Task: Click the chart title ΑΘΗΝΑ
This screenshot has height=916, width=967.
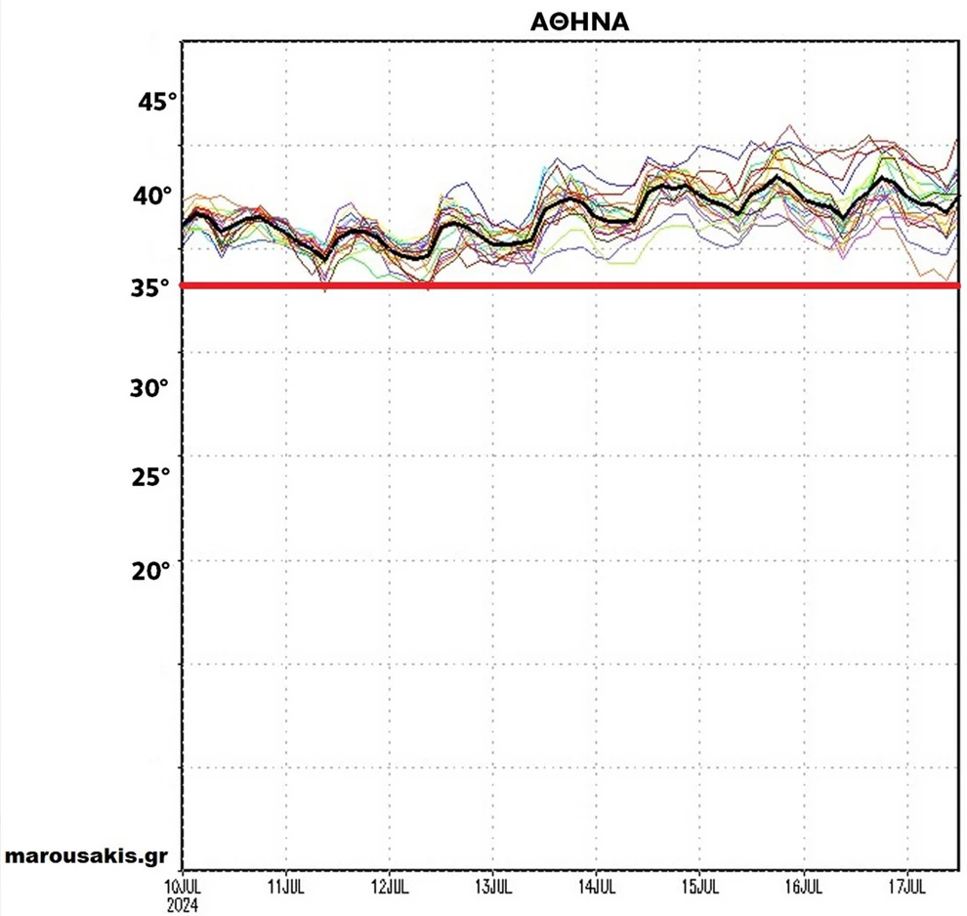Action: [573, 22]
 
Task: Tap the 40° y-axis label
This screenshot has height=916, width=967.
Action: [153, 196]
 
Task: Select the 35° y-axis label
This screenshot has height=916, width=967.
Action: [150, 288]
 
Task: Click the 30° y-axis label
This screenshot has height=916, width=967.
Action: [150, 388]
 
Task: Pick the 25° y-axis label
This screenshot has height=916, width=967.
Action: [151, 477]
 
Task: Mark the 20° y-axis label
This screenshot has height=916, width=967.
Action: [151, 569]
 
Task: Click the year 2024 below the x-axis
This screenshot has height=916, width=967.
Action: [183, 904]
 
